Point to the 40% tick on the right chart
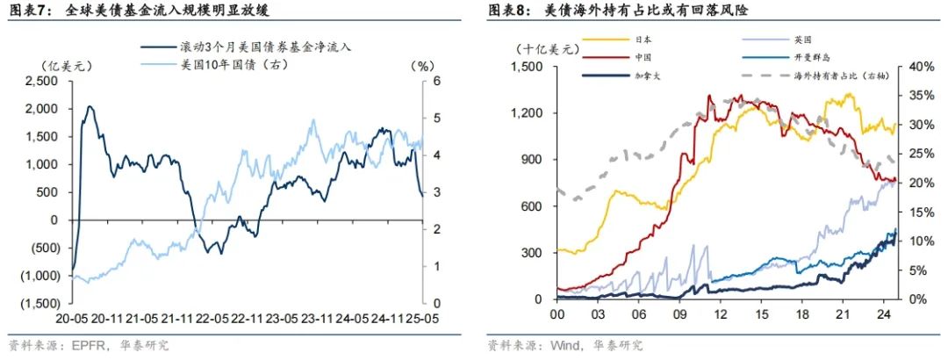[x=917, y=66]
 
